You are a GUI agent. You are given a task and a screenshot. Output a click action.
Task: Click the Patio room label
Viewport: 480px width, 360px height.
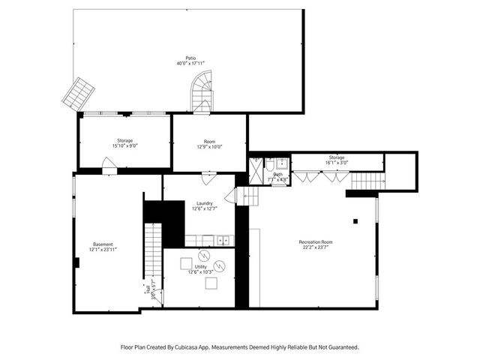click(x=190, y=61)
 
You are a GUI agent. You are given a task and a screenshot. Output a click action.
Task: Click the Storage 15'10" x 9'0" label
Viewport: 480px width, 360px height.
click(x=124, y=143)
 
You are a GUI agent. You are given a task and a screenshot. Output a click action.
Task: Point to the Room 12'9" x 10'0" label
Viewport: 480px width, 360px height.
click(x=209, y=143)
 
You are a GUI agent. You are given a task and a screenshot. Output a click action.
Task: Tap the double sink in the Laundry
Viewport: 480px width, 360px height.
click(x=222, y=240)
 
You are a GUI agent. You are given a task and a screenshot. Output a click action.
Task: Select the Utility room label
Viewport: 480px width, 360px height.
click(x=201, y=269)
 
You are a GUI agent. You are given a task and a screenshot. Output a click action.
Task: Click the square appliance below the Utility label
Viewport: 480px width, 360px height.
click(x=211, y=283)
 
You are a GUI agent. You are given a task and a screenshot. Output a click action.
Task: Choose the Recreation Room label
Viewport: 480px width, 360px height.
click(x=315, y=244)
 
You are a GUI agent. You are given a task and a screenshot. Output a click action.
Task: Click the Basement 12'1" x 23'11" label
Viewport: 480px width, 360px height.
click(x=103, y=247)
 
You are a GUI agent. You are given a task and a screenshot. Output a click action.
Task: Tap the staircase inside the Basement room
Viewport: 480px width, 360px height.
click(x=153, y=249)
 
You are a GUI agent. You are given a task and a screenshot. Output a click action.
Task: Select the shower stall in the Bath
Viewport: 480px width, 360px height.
click(x=256, y=170)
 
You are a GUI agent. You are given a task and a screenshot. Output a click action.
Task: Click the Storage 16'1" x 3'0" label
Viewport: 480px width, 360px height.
click(x=336, y=160)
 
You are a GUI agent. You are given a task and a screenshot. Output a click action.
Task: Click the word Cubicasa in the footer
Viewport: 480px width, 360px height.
click(x=192, y=347)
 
